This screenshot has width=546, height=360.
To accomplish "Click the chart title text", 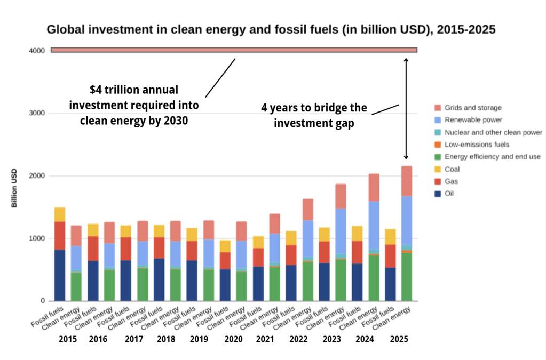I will [271, 29].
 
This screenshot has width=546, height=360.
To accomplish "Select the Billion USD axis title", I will [14, 188].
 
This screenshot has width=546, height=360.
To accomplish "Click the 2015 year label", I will [68, 339].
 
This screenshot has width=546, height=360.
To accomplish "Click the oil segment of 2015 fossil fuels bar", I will [60, 275].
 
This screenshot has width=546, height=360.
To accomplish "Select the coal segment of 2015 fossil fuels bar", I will [60, 214].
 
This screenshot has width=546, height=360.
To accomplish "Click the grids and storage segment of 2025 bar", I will [407, 181].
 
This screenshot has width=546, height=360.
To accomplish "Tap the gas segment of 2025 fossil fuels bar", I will [390, 255].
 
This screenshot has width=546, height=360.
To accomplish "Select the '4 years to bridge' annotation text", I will [314, 115].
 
